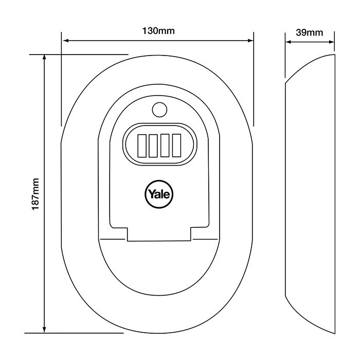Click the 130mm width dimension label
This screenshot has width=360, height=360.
pyautogui.click(x=158, y=30)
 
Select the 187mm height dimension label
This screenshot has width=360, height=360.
pyautogui.click(x=35, y=193)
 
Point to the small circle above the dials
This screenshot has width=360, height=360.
pyautogui.click(x=159, y=110)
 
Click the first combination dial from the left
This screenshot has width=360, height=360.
pyautogui.click(x=141, y=145)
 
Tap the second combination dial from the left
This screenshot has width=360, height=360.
pyautogui.click(x=153, y=145)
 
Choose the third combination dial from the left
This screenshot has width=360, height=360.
pyautogui.click(x=165, y=145)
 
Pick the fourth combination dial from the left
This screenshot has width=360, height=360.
pyautogui.click(x=177, y=145)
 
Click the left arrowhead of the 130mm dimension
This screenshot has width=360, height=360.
pyautogui.click(x=65, y=41)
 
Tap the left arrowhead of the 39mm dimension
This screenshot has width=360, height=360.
pyautogui.click(x=289, y=43)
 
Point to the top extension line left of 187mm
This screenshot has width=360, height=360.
pyautogui.click(x=77, y=53)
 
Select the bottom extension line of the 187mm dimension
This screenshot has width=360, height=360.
pyautogui.click(x=77, y=333)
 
